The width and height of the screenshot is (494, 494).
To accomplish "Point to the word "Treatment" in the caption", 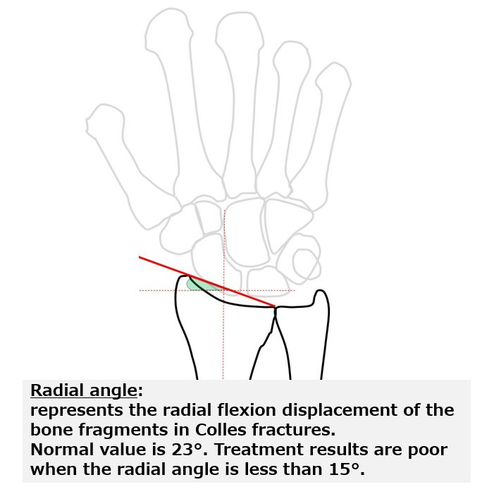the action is pyautogui.click(x=259, y=450).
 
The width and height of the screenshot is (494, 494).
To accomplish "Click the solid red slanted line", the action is pyautogui.click(x=207, y=282).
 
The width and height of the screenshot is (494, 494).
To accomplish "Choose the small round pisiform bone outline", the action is pyautogui.click(x=305, y=264).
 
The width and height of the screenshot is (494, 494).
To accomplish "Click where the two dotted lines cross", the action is pyautogui.click(x=223, y=290).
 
